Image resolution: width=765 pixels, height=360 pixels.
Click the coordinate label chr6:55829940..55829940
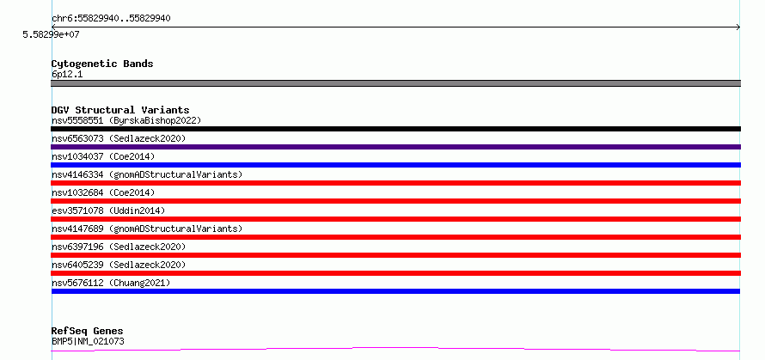[111, 19]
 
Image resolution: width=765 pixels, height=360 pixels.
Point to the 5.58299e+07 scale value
[52, 34]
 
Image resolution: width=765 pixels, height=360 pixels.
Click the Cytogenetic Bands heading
[102, 64]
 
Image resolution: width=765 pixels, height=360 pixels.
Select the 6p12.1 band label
[67, 75]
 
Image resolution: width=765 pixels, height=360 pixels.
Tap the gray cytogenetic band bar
[395, 83]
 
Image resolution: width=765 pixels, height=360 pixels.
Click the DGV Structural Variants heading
[120, 110]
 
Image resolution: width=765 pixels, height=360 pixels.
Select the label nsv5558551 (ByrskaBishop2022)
[126, 120]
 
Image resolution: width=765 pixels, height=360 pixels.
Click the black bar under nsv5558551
[395, 129]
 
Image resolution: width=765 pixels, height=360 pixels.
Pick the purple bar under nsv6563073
[395, 147]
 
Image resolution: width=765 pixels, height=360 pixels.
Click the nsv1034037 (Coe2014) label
[103, 156]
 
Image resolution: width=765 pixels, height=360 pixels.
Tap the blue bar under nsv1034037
[395, 165]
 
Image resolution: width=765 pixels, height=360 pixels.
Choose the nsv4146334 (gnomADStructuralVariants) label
[147, 174]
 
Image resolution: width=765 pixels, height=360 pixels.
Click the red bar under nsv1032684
[395, 201]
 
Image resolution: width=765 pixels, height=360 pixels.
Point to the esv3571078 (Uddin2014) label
[109, 211]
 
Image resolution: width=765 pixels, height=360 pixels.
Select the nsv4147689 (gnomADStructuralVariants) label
[147, 229]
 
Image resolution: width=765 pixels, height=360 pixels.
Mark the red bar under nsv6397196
[395, 255]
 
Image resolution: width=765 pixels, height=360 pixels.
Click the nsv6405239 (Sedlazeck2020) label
[119, 265]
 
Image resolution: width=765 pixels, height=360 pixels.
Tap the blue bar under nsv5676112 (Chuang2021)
[395, 291]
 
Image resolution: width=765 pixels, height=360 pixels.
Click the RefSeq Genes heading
[88, 332]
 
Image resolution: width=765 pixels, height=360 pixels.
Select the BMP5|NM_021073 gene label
[88, 341]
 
